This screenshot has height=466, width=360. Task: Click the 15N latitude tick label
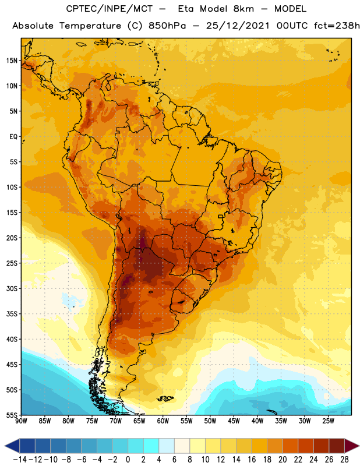coord(12,61)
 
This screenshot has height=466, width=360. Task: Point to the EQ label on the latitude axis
coord(13,137)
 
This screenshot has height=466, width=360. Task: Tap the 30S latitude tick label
coord(12,289)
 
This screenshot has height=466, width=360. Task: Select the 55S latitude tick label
coord(12,415)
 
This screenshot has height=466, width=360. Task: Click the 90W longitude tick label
coord(21,421)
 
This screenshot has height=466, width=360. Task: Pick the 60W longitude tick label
coord(163,421)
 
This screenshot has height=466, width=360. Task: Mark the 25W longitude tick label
coord(328,421)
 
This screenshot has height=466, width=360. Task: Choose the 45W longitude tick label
coord(234,421)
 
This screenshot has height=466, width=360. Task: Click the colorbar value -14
coord(20,460)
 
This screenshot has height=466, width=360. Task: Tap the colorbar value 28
coord(344,460)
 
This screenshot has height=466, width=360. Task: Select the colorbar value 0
coord(128,460)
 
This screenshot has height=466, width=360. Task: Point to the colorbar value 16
coord(252,460)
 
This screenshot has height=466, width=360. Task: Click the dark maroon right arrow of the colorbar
coord(352,446)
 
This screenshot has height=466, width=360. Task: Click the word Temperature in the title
coord(90,26)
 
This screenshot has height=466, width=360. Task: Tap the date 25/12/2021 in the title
coord(238,26)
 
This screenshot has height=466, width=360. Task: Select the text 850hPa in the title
coord(167,26)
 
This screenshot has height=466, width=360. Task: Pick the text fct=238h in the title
coord(337,26)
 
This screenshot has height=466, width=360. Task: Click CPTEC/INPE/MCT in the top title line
coord(109,9)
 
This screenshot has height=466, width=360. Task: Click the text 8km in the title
coord(243,9)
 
